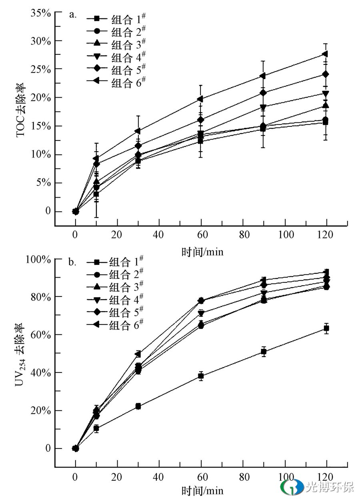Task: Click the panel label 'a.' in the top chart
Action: (72, 15)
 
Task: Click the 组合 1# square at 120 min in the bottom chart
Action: (326, 328)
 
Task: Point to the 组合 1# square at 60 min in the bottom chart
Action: (201, 376)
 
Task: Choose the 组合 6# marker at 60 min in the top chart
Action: (200, 99)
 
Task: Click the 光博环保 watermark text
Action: (330, 487)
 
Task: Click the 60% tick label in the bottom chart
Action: (41, 334)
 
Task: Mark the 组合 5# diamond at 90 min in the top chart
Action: (263, 93)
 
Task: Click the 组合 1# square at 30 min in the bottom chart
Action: (138, 406)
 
